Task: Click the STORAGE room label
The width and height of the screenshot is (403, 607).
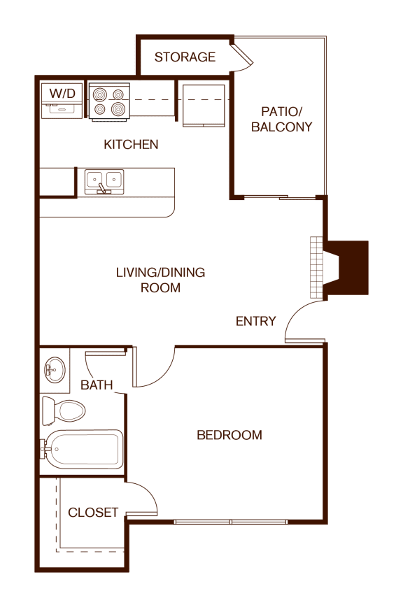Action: [185, 57]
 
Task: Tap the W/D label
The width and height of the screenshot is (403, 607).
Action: [63, 92]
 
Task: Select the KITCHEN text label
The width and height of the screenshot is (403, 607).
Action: [131, 145]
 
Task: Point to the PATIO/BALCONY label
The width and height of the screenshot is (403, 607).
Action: [281, 119]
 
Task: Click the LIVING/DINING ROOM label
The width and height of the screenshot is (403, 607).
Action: [160, 280]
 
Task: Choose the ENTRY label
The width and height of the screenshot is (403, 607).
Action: [255, 321]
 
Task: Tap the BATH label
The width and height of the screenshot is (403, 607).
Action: [97, 385]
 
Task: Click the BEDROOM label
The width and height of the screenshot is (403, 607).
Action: [229, 435]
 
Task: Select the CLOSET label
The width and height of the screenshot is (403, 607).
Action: [93, 513]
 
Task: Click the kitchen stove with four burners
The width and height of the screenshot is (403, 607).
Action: [110, 102]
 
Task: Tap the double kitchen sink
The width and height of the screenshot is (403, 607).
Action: [104, 182]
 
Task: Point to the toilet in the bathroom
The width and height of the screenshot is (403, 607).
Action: [62, 410]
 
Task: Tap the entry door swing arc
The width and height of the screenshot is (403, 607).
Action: [304, 322]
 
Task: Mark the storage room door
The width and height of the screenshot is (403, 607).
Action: [243, 55]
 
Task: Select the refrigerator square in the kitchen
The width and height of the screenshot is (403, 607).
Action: [204, 106]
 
